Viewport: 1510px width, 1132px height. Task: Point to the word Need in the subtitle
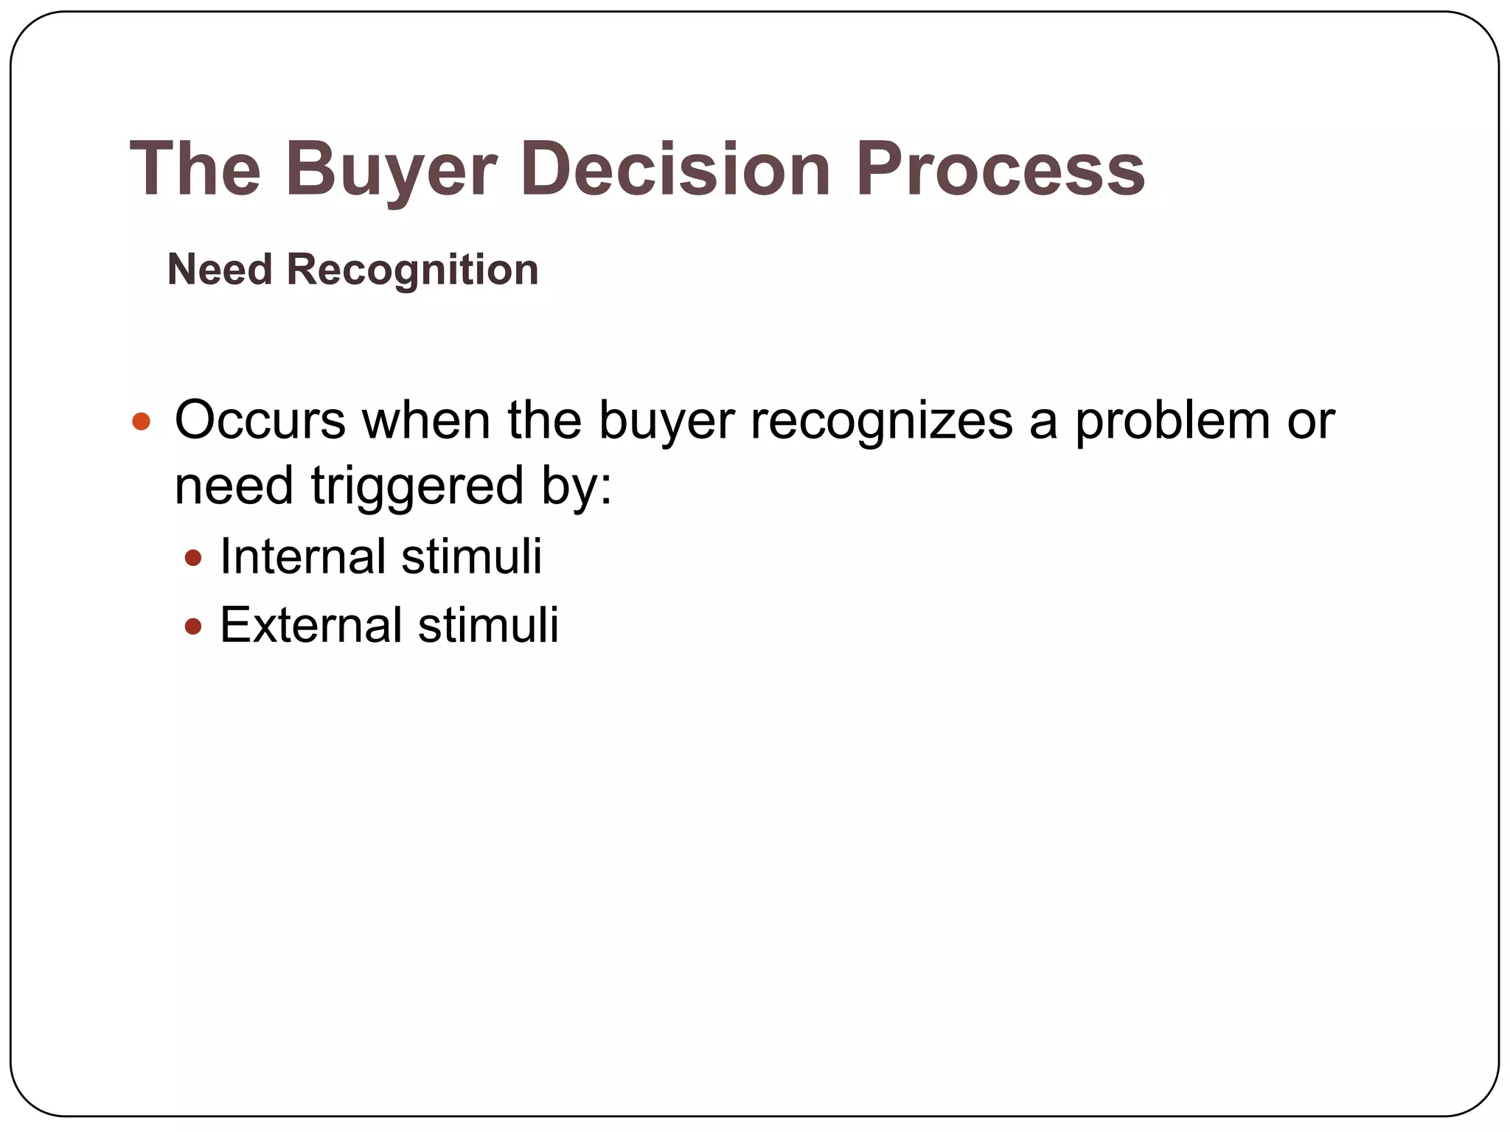[220, 269]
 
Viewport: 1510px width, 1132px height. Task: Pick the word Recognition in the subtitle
[412, 269]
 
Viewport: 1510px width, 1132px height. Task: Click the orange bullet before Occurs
[141, 422]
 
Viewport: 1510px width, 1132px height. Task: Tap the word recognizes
[881, 422]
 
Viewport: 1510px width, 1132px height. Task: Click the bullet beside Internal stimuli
[193, 558]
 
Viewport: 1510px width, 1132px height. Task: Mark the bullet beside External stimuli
[193, 626]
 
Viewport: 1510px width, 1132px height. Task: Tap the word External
[310, 625]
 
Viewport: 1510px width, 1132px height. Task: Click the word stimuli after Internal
[472, 556]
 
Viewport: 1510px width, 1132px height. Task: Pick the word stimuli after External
[488, 625]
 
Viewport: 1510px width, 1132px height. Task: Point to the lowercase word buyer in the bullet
[666, 422]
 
